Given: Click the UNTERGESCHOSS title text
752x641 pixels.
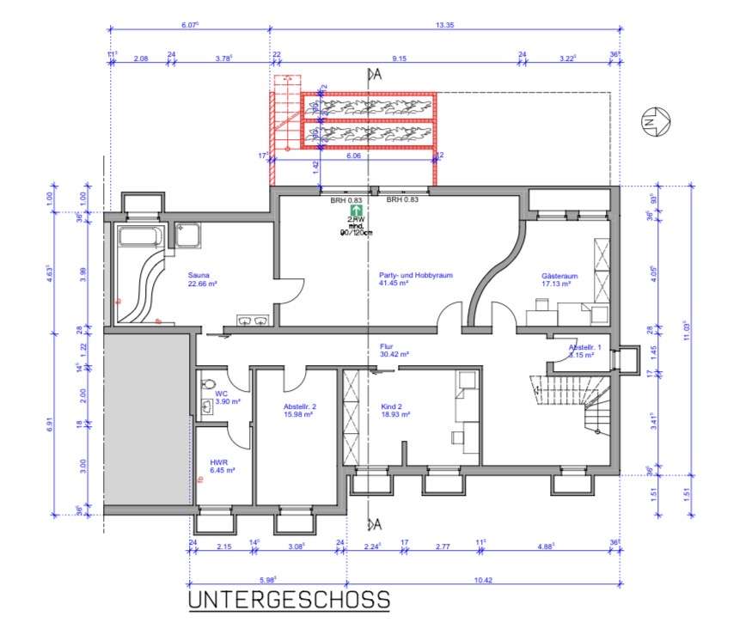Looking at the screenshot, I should [289, 599].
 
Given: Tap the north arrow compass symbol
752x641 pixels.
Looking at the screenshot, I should [652, 123].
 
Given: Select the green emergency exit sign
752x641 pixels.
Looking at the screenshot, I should [352, 209].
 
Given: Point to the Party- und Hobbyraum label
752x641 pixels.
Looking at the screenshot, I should [415, 276].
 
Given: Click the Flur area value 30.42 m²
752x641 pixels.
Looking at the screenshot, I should [394, 353].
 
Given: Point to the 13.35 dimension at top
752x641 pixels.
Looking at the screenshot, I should [444, 27].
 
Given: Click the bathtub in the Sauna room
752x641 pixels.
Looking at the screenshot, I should [143, 236].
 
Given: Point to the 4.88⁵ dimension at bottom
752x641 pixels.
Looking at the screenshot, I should [543, 546].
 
